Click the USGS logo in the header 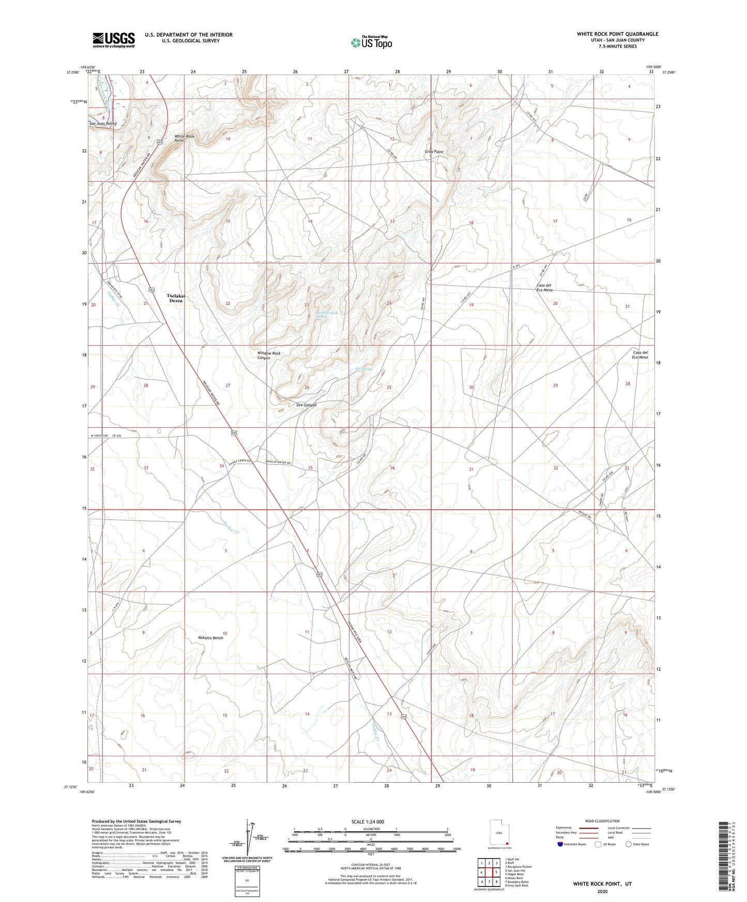(114, 39)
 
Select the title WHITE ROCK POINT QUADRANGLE (617, 34)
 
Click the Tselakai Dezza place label (176, 298)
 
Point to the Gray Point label (434, 152)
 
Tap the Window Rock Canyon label (269, 355)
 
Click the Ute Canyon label (306, 405)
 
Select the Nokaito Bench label (210, 638)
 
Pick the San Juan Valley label (103, 124)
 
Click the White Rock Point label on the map (185, 138)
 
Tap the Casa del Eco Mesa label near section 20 (544, 288)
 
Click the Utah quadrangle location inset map (499, 834)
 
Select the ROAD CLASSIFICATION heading (602, 821)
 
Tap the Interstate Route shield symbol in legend (560, 844)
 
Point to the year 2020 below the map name (602, 891)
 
